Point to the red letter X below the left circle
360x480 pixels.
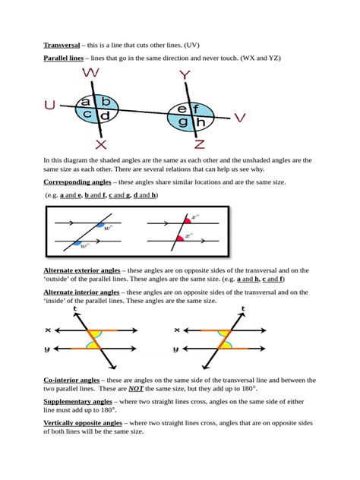point(102,144)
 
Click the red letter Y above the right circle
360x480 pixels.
point(185,75)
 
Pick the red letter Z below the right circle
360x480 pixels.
point(199,144)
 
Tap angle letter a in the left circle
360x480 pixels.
point(87,101)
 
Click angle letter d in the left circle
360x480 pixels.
point(105,115)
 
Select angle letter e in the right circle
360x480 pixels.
point(182,109)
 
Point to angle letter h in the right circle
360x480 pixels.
point(200,123)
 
